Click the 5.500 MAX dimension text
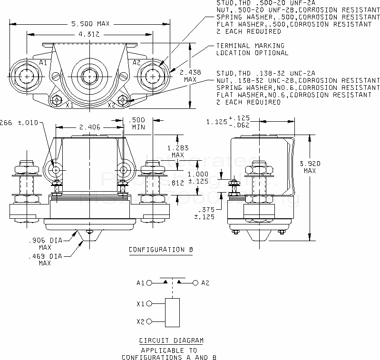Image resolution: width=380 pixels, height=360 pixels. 90,23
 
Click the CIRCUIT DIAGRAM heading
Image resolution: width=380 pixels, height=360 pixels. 171,341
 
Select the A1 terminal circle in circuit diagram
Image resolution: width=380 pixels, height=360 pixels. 149,283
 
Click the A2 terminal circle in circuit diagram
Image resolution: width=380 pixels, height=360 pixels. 195,283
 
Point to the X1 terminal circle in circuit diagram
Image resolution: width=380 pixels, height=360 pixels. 149,303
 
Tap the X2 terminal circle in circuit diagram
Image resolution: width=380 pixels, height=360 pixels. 149,322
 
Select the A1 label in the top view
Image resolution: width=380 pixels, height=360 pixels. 43,63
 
